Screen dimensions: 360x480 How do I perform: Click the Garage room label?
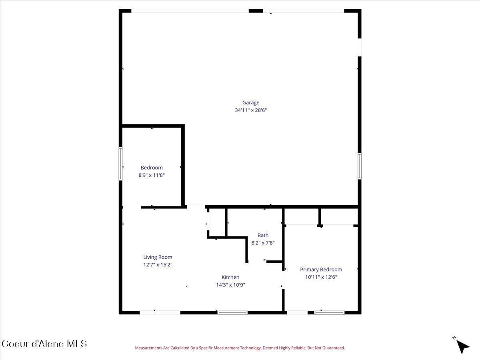pyautogui.click(x=251, y=103)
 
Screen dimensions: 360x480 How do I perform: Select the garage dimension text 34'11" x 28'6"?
pyautogui.click(x=251, y=110)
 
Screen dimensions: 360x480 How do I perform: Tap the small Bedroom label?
pyautogui.click(x=152, y=168)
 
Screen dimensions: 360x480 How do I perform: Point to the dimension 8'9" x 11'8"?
pyautogui.click(x=152, y=175)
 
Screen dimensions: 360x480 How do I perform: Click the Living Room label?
pyautogui.click(x=158, y=257)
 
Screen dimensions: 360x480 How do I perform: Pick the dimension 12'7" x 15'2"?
pyautogui.click(x=158, y=264)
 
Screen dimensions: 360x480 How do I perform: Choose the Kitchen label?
pyautogui.click(x=230, y=277)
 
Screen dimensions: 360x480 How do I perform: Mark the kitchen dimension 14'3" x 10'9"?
pyautogui.click(x=230, y=285)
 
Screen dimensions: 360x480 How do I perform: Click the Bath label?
pyautogui.click(x=263, y=235)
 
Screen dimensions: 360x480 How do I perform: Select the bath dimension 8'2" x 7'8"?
pyautogui.click(x=263, y=242)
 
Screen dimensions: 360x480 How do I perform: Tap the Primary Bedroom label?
pyautogui.click(x=321, y=270)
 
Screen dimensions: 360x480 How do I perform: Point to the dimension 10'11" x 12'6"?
pyautogui.click(x=321, y=277)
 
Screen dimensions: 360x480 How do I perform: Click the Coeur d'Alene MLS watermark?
pyautogui.click(x=44, y=344)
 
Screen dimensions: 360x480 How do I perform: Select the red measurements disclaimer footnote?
pyautogui.click(x=240, y=348)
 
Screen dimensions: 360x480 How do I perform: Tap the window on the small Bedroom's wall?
pyautogui.click(x=120, y=164)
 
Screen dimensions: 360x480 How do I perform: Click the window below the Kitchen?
pyautogui.click(x=232, y=312)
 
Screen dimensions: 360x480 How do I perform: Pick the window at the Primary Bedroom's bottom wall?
pyautogui.click(x=329, y=312)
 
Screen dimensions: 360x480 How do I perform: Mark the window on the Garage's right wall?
pyautogui.click(x=359, y=166)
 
